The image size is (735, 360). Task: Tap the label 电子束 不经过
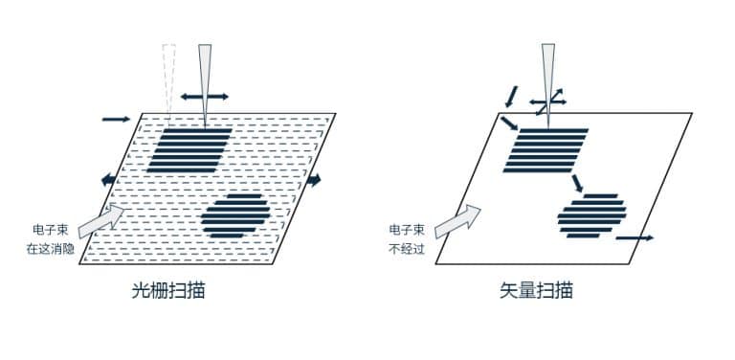point(407,238)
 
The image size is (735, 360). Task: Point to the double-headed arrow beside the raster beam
point(205,97)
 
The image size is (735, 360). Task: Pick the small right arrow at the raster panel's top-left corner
point(115,119)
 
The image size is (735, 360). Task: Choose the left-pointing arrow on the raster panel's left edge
point(108,179)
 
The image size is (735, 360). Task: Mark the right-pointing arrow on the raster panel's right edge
point(314,179)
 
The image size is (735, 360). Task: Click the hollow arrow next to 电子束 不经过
point(457,222)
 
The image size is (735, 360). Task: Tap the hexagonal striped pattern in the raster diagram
point(234,215)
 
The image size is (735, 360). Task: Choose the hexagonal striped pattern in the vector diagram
point(591,215)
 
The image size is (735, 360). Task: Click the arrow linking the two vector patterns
point(576,182)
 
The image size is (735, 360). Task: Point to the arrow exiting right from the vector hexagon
point(634,236)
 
